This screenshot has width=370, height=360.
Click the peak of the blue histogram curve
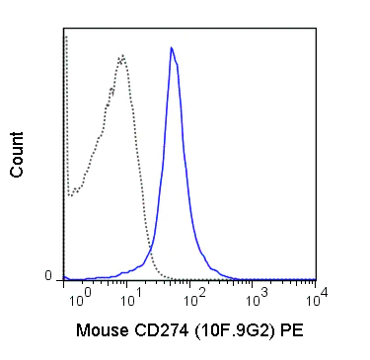(x=171, y=47)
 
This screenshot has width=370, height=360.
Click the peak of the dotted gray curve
(x=122, y=55)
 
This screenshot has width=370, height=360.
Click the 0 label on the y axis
(x=48, y=276)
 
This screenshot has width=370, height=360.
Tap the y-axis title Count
(x=17, y=158)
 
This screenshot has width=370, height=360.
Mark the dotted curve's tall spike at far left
(x=65, y=39)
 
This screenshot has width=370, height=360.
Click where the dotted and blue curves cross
(x=150, y=258)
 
